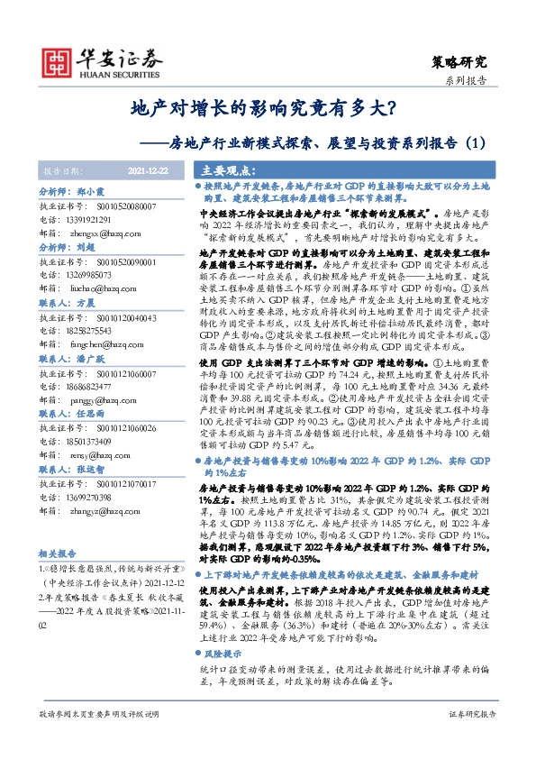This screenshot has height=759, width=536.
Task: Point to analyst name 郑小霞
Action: click(x=95, y=193)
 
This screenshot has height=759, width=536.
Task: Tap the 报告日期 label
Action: click(x=62, y=170)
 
